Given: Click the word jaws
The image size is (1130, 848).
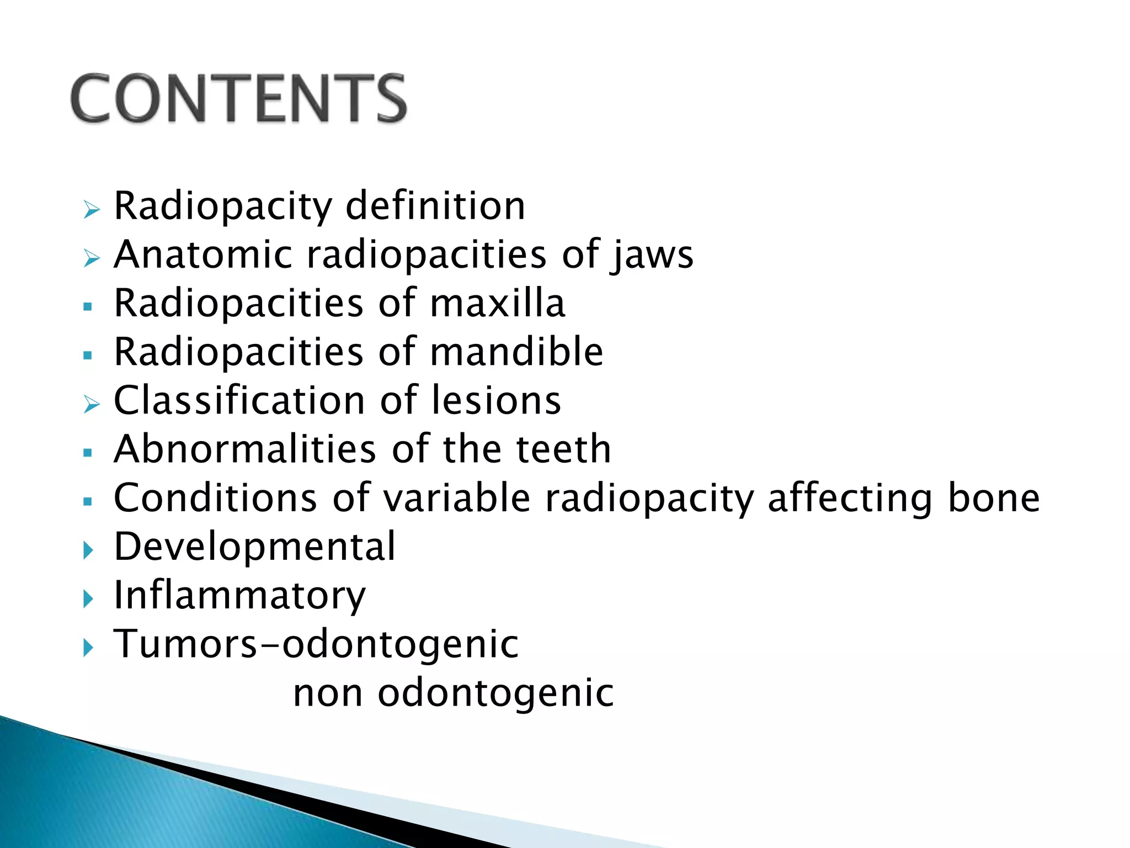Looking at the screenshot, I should (652, 256).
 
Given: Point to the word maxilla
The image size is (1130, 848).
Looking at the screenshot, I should (497, 303).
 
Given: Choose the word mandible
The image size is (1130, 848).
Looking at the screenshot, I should (516, 352).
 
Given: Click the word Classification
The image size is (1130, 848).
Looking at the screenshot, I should (238, 400).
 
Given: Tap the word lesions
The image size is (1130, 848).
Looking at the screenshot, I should (496, 400).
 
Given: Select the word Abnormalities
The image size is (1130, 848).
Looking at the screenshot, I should (245, 449).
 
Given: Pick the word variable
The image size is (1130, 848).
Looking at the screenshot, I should (457, 498).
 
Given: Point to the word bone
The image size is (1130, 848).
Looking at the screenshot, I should (993, 498).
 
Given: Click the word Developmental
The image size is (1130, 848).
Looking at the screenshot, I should (254, 547).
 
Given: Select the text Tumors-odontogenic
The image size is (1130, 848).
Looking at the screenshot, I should (316, 644).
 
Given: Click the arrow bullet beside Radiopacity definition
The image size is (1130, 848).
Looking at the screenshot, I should (91, 210).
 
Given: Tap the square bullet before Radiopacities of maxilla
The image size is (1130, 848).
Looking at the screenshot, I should (87, 306).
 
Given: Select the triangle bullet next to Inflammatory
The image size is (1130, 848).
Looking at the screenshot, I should (88, 598).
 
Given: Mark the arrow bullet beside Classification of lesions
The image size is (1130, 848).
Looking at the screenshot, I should (91, 404).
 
